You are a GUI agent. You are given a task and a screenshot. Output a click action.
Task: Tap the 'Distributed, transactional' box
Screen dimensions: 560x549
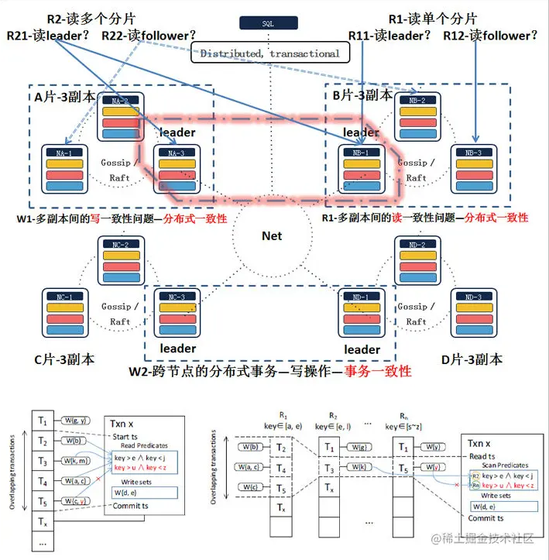pyautogui.click(x=270, y=53)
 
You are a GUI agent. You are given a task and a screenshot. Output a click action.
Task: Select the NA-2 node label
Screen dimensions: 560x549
pyautogui.click(x=120, y=101)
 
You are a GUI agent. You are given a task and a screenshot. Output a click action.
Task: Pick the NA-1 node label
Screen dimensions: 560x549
pyautogui.click(x=64, y=153)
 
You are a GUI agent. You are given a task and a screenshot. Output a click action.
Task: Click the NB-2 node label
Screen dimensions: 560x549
pyautogui.click(x=418, y=101)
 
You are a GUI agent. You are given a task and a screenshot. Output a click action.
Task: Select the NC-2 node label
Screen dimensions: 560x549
pyautogui.click(x=120, y=246)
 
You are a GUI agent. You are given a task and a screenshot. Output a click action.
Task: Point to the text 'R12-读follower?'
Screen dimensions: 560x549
pyautogui.click(x=490, y=36)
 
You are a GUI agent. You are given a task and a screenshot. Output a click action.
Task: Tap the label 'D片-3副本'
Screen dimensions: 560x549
pyautogui.click(x=472, y=359)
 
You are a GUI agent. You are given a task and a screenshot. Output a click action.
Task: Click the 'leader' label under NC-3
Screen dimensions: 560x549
pyautogui.click(x=177, y=348)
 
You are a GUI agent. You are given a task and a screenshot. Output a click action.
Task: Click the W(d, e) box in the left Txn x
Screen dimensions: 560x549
pyautogui.click(x=131, y=493)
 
